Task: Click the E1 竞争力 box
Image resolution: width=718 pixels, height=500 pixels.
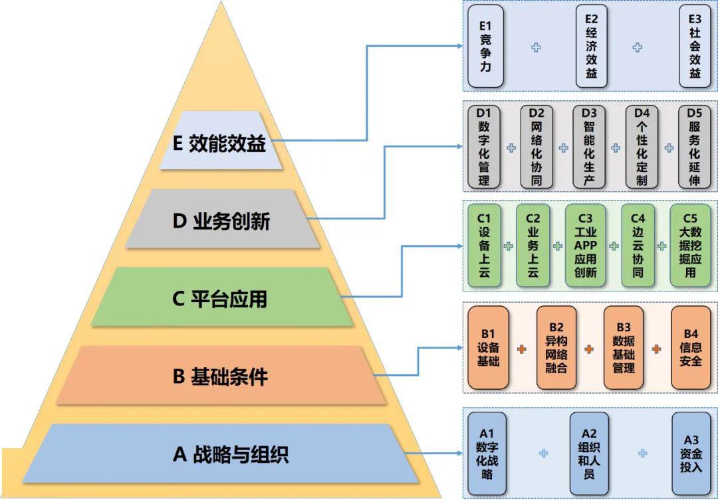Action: (485, 46)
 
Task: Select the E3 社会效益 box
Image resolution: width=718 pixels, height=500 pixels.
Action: (695, 46)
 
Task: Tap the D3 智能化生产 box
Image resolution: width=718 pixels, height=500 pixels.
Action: (589, 146)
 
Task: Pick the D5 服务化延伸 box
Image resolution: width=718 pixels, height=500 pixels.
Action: (695, 146)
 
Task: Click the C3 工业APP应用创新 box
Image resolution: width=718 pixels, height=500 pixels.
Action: (586, 245)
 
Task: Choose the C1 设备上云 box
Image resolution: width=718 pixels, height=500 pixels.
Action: (484, 245)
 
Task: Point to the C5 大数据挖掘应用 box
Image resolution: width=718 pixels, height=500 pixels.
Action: (690, 245)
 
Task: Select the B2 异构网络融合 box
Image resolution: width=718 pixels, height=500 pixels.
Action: (556, 347)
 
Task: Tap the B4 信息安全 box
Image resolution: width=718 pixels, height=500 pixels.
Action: (691, 347)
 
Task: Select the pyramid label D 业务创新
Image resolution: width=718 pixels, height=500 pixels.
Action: (222, 220)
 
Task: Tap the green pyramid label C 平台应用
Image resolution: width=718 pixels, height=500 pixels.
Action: (222, 298)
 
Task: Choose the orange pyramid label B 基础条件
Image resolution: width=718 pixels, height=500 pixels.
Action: (222, 376)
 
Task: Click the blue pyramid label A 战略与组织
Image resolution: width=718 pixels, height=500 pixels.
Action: (222, 455)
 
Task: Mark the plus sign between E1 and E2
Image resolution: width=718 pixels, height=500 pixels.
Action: (536, 47)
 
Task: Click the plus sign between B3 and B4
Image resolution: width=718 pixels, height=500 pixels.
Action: (656, 348)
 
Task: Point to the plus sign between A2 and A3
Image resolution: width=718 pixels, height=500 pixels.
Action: (643, 453)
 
